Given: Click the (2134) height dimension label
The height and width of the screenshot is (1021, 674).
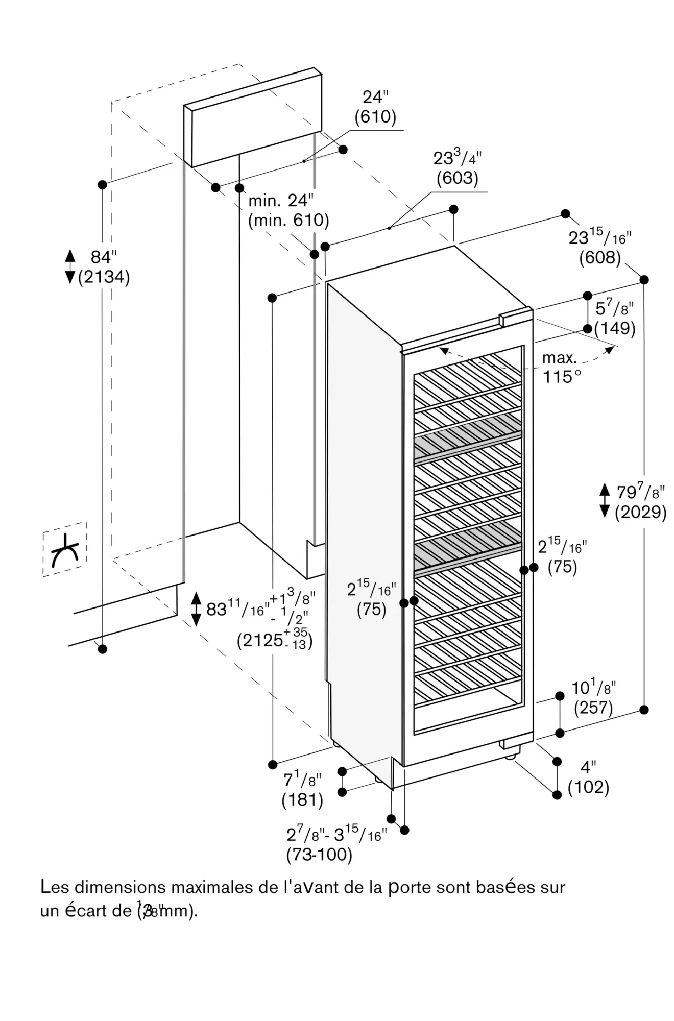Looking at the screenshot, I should pos(104,277).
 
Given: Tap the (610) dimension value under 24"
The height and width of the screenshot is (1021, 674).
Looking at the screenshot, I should pos(375,117).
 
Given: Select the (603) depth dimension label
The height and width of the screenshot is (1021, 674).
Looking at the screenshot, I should pos(457,178).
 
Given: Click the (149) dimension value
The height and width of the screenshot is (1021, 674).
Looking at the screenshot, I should pos(615,328).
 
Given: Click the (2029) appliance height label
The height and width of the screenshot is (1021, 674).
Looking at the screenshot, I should pos(640,512).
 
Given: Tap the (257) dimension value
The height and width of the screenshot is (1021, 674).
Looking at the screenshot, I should pos(593,708).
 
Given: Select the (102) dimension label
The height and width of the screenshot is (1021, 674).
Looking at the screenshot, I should pos(588,787).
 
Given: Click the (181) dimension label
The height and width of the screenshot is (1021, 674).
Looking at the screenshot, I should pos(302,800).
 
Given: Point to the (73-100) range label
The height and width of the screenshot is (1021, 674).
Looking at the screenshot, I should pos(320,855).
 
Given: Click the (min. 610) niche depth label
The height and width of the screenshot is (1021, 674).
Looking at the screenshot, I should pos(288,221).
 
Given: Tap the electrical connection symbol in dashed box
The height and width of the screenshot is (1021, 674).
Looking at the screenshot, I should pos(65,550).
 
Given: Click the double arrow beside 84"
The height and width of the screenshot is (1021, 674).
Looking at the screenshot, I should pos(70,266).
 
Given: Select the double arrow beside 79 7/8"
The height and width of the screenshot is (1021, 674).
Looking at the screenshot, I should pos(605,501).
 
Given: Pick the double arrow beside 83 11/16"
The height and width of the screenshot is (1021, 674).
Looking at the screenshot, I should pos(196,609).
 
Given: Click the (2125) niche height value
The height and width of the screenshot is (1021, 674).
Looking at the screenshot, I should pos(260,640).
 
